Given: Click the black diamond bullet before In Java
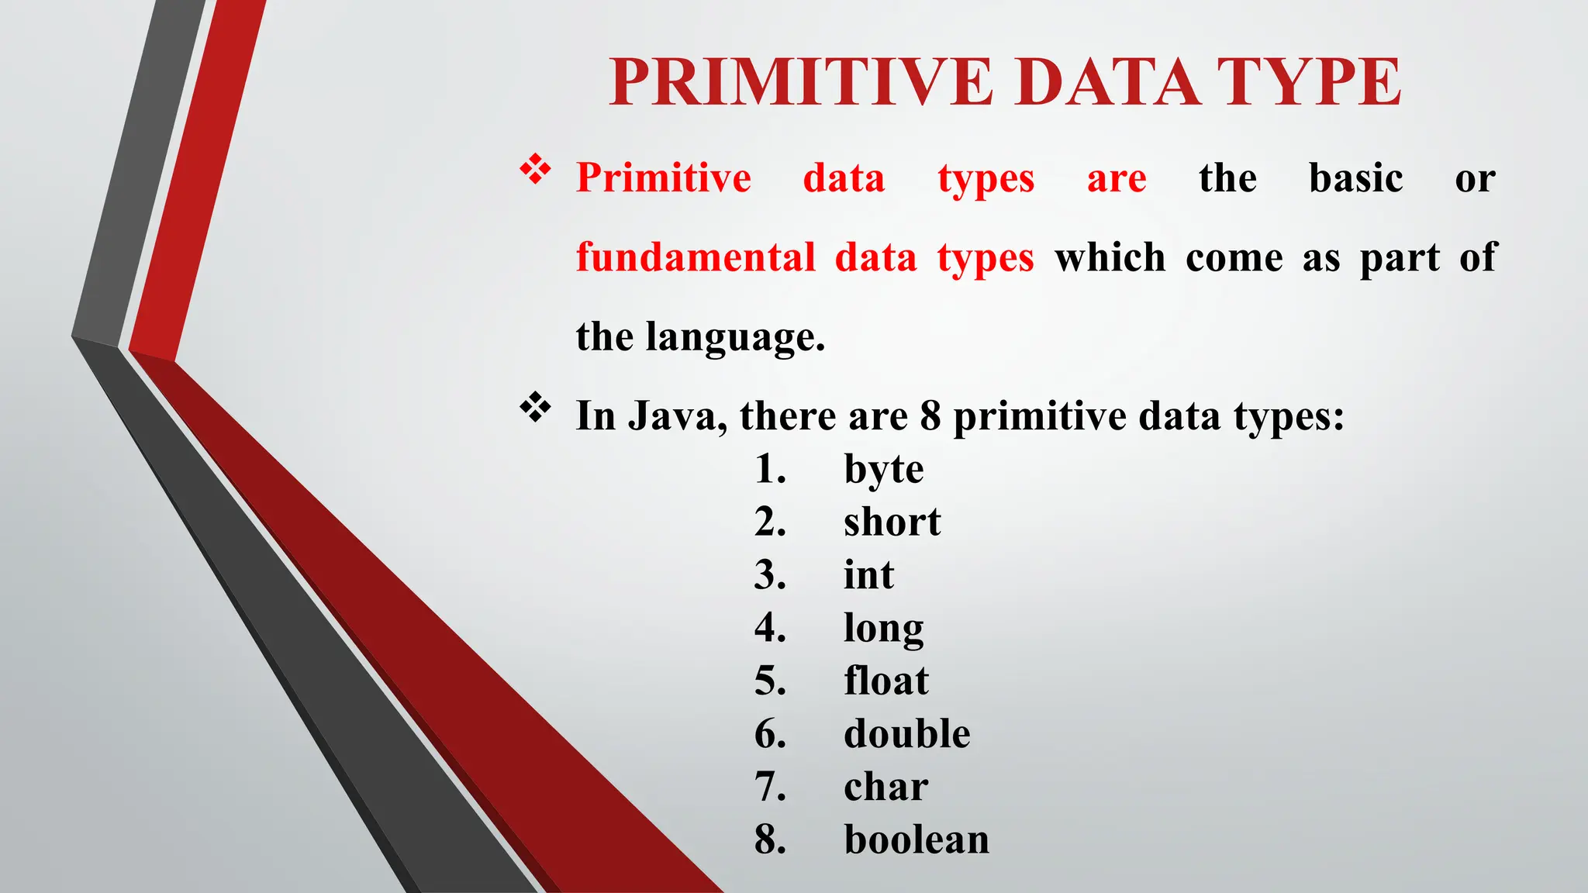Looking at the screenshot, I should (x=535, y=407).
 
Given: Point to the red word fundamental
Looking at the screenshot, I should (x=696, y=257).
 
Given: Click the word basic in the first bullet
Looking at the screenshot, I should (x=1355, y=178).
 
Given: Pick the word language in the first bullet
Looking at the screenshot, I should (x=735, y=338).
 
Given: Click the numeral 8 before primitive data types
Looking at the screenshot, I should (x=930, y=416).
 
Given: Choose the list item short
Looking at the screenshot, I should (x=892, y=522).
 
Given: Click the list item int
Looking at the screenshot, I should (x=868, y=575).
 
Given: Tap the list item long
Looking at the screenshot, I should (x=883, y=629).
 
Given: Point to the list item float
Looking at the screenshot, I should (x=885, y=681).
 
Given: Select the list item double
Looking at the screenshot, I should (x=906, y=733).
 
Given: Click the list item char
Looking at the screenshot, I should (x=885, y=787).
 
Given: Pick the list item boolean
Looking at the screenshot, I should (x=917, y=840).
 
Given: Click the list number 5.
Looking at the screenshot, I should (x=769, y=681).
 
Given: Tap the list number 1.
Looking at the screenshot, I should (x=769, y=470).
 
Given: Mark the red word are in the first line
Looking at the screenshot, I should (x=1116, y=179).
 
